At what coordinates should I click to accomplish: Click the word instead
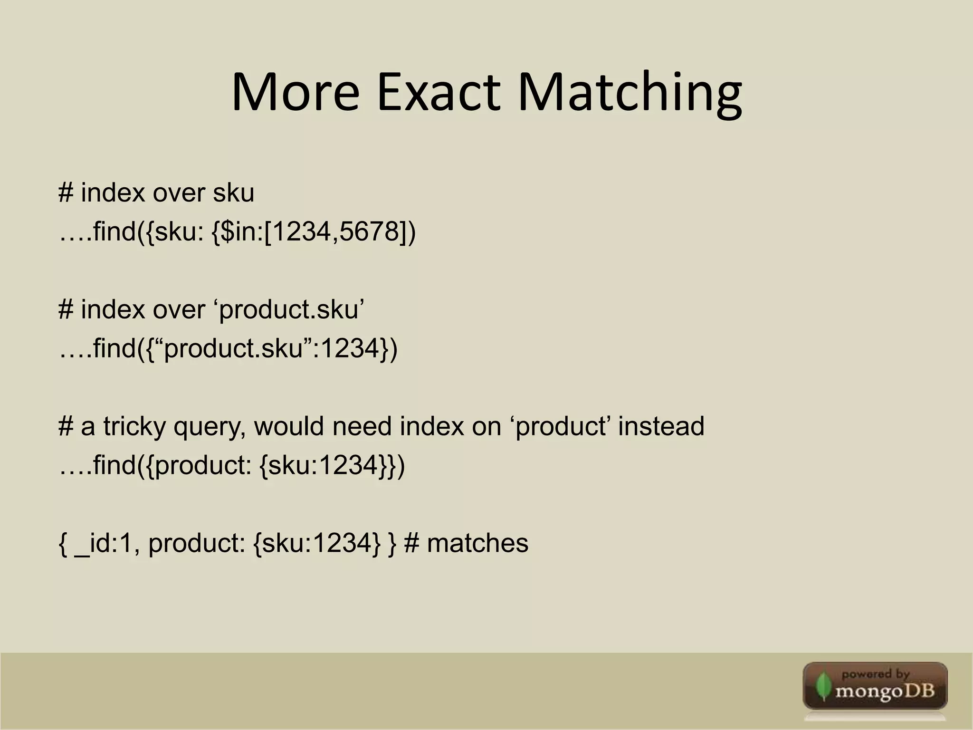coord(661,426)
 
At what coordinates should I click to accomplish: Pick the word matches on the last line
coord(477,543)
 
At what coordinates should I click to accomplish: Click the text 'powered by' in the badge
coord(875,674)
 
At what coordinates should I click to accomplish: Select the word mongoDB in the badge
coord(885,690)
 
